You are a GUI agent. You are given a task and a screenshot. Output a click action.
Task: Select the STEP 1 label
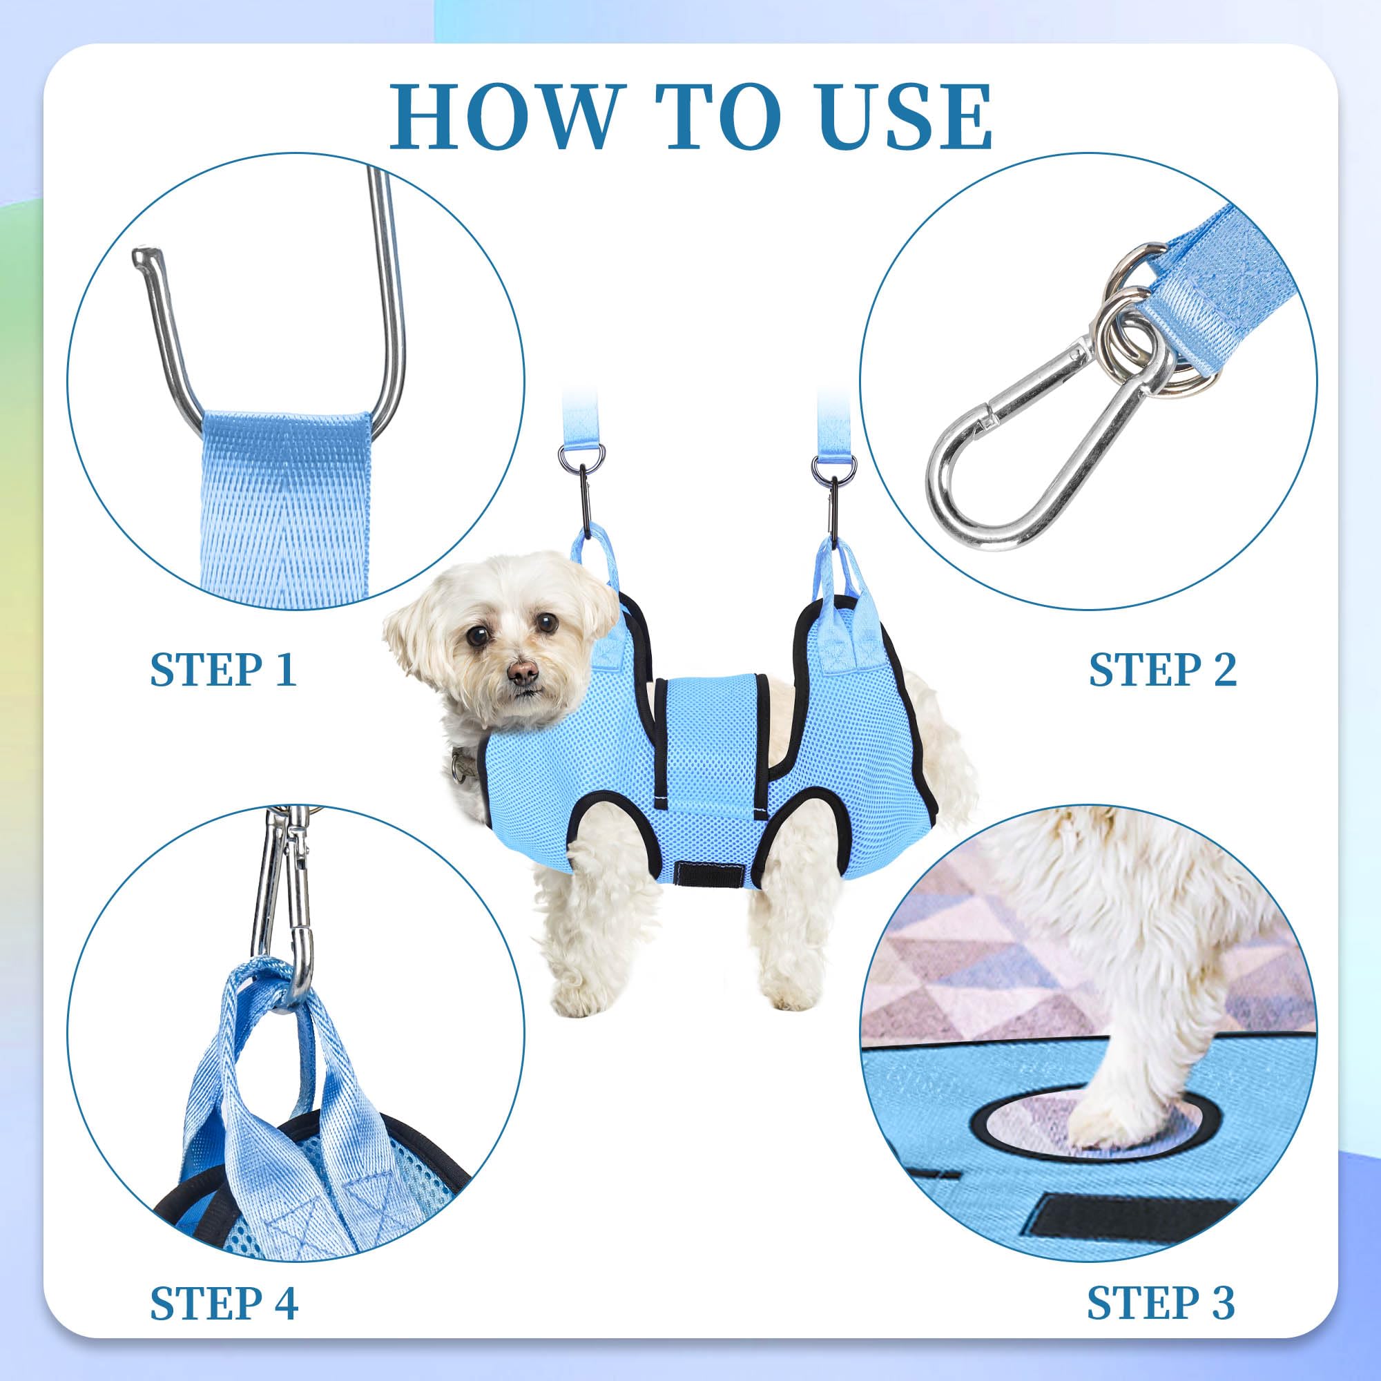point(223,670)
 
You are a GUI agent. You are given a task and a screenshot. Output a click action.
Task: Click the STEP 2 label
point(1161,670)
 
